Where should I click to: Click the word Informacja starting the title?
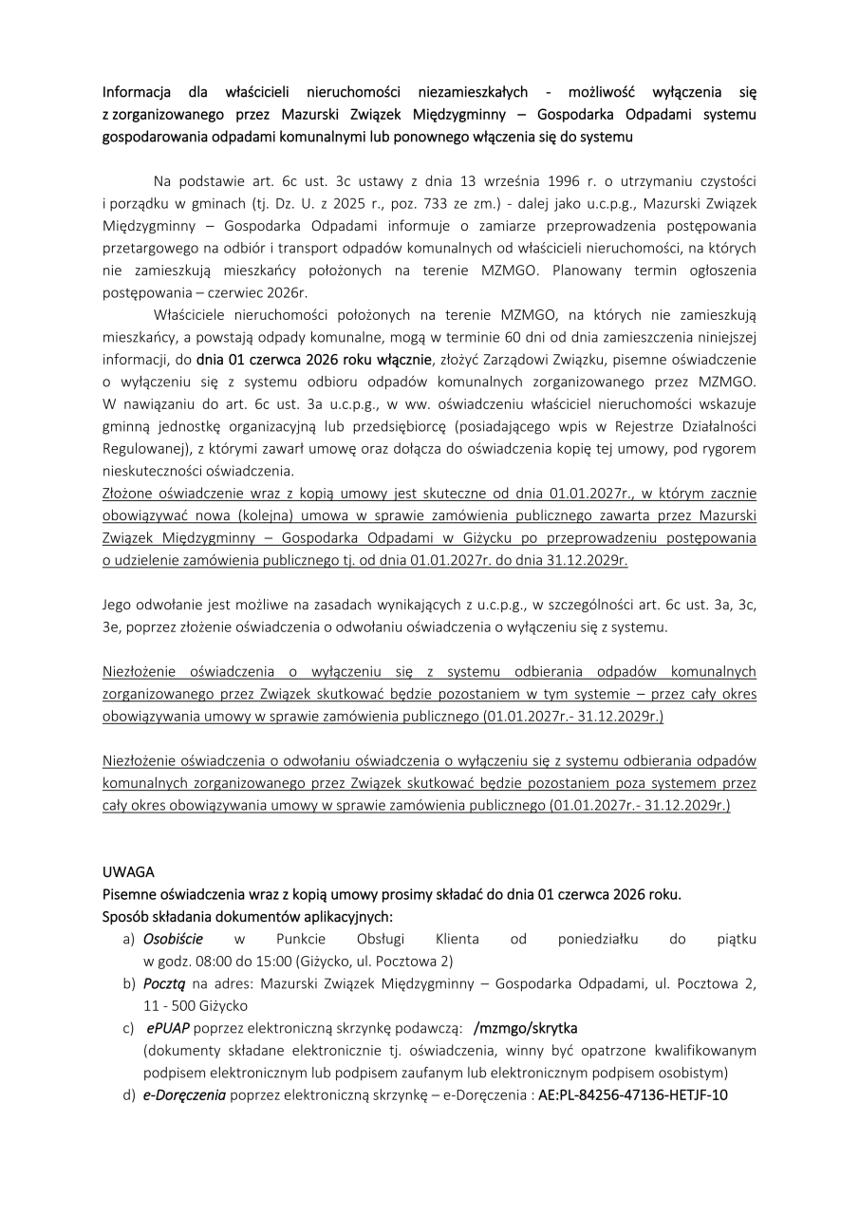click(136, 93)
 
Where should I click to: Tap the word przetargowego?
click(145, 249)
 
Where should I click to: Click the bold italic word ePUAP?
click(167, 1029)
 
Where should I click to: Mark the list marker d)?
click(128, 1095)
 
